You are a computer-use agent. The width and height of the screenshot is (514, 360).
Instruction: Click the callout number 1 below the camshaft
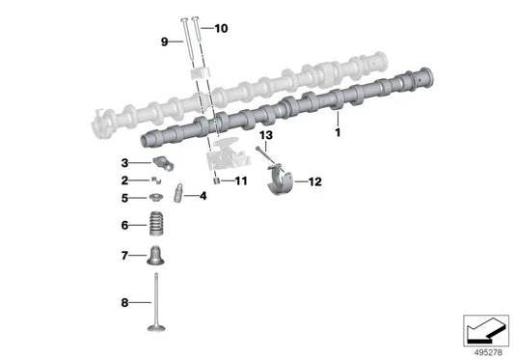point(338,132)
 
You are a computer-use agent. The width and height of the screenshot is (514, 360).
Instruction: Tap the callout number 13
point(266,135)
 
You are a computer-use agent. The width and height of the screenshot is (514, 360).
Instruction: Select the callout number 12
point(314,181)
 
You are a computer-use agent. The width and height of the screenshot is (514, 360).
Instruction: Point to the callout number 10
point(221,28)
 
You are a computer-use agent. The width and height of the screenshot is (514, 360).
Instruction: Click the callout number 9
point(164,42)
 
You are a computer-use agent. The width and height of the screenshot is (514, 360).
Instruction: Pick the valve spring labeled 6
point(156,223)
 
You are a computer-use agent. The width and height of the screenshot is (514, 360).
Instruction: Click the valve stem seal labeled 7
point(155,255)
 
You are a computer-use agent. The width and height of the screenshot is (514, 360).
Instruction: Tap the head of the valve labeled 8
point(156,327)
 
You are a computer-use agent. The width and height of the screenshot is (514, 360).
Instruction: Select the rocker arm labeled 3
point(163,163)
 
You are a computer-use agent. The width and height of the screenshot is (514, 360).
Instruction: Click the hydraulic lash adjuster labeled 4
point(178,194)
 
